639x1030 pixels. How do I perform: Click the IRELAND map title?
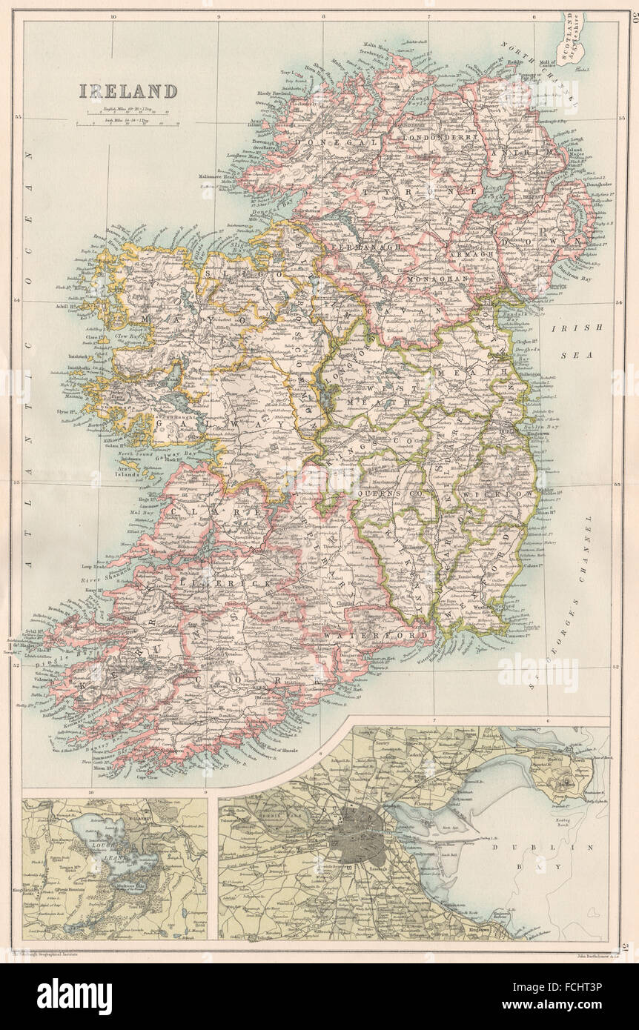point(128,91)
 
